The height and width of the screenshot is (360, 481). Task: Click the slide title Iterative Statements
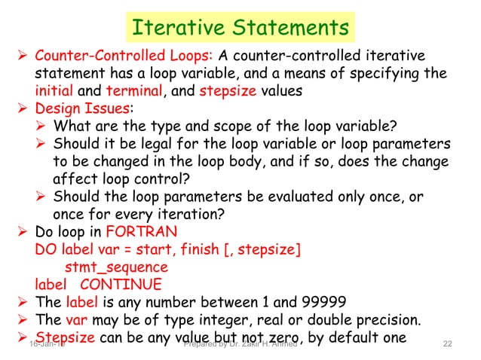coord(240,28)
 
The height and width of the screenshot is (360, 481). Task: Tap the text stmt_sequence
coord(116,267)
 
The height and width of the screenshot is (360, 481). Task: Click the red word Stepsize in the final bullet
coord(65,337)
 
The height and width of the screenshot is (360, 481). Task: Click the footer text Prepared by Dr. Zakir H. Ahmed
coord(240,344)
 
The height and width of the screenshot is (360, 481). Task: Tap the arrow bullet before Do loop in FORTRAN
coord(23,231)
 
